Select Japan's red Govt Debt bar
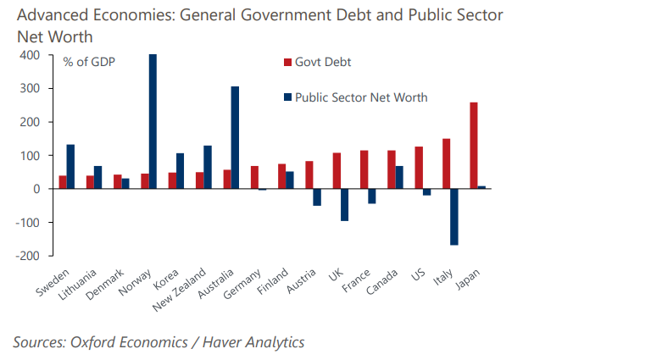473,145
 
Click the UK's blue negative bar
344,204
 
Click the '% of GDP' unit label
89,62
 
